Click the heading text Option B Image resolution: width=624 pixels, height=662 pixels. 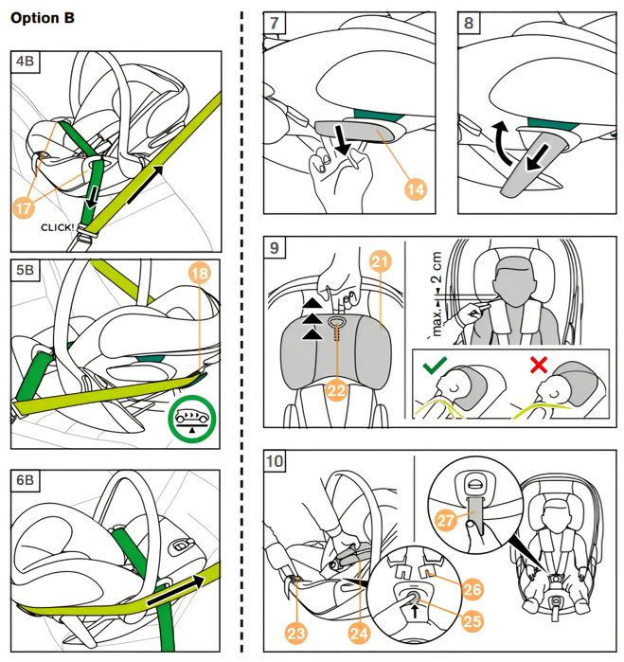[42, 18]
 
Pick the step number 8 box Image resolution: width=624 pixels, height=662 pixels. [470, 24]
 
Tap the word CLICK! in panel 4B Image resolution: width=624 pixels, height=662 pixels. [59, 228]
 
